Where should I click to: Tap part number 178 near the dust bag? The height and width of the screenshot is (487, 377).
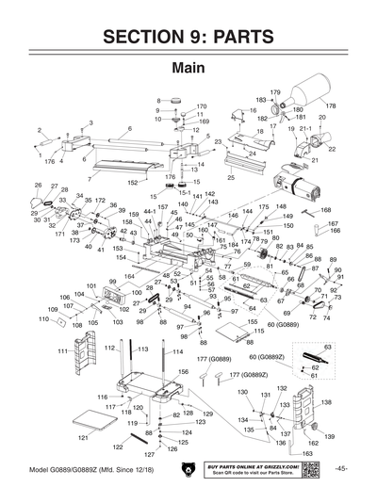[331, 106]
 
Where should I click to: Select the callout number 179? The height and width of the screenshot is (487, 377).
[276, 91]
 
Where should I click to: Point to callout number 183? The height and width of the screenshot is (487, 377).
[261, 99]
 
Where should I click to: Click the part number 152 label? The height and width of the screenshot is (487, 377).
[133, 183]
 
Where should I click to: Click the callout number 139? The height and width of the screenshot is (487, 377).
[330, 437]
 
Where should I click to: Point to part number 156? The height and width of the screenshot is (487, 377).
[172, 372]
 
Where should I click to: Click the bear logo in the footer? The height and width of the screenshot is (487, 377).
[188, 469]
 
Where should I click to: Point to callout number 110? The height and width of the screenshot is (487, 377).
[42, 319]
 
